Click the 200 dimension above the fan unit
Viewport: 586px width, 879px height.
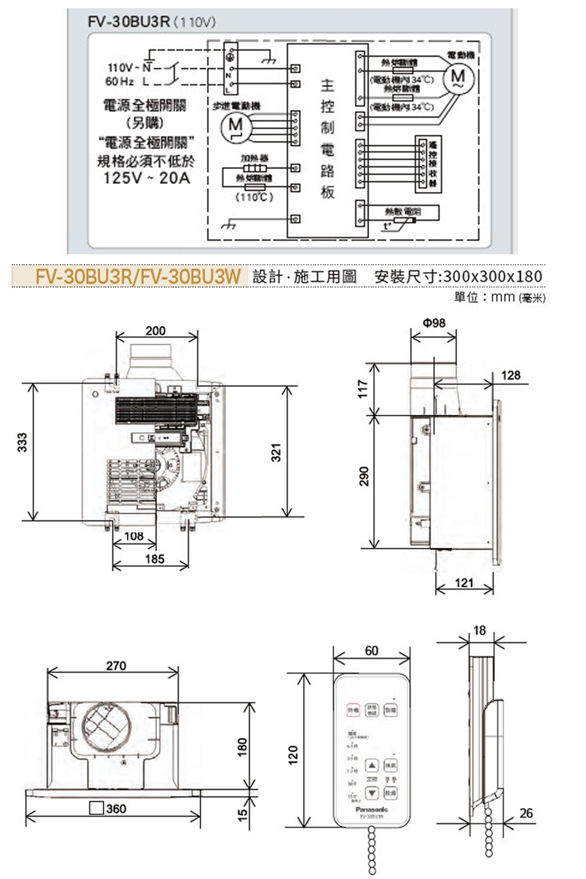tap(155, 331)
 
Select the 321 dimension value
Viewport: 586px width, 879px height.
tap(276, 452)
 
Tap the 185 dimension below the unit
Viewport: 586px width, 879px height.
tap(155, 558)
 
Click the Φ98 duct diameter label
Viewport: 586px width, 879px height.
tap(434, 322)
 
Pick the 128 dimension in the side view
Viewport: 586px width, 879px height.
tap(510, 375)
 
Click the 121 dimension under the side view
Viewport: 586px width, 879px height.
tap(464, 582)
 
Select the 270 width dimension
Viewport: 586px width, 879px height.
tap(116, 666)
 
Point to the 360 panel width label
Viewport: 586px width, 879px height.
tap(116, 809)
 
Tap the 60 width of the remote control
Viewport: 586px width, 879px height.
tap(372, 650)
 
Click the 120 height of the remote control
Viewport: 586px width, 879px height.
tap(293, 753)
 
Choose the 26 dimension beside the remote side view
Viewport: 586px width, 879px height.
tap(526, 813)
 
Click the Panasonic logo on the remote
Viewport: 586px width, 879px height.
tap(372, 809)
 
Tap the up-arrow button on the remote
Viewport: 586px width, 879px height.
tap(372, 765)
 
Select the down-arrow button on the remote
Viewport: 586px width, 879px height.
tap(372, 793)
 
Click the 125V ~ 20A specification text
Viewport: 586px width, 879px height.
tap(146, 178)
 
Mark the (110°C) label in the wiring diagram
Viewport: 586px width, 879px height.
tap(254, 197)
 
